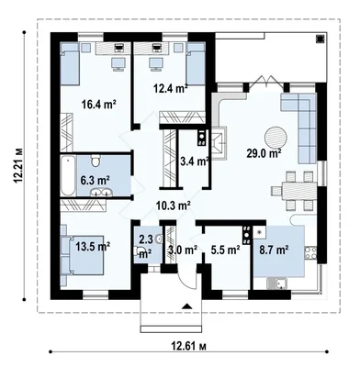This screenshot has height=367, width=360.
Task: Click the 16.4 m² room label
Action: coord(98,105)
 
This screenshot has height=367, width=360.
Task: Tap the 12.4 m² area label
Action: coord(171,89)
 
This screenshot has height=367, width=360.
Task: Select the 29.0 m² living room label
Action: coord(264,153)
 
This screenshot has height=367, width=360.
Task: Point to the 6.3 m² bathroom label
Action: coord(96,180)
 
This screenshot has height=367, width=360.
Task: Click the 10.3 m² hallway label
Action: coord(174,206)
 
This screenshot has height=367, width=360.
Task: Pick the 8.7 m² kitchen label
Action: coord(274,250)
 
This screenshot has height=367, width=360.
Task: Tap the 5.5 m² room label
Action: coord(225,250)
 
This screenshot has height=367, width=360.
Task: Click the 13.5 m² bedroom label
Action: coord(93,246)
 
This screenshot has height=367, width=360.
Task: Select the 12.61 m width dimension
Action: coord(188,346)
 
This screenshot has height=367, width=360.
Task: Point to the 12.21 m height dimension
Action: coord(18,166)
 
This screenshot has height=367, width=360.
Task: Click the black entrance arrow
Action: coord(186,306)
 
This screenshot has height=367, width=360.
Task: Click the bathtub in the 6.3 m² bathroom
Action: coord(68,176)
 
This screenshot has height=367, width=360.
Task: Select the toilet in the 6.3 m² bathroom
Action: coord(96,161)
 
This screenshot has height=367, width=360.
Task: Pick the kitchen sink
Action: coord(276,284)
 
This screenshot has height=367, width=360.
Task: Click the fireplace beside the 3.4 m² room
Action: coord(219,143)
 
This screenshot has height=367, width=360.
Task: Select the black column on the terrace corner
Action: coord(320,39)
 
